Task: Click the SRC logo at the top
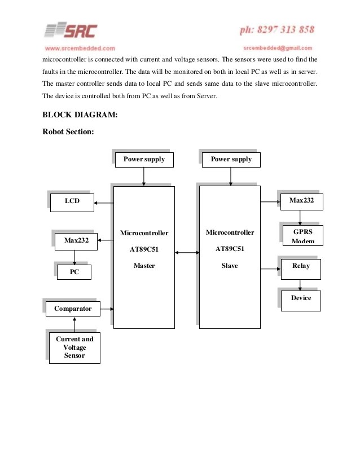[71, 30]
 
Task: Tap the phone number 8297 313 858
[276, 29]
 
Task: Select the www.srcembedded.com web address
[80, 49]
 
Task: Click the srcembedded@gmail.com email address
[278, 48]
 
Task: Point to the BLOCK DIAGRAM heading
[80, 115]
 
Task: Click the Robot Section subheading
[68, 132]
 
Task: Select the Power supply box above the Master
[144, 160]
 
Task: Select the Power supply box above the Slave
[231, 160]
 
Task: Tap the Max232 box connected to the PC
[76, 241]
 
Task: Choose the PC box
[74, 272]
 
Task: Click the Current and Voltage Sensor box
[74, 348]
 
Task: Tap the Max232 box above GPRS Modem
[301, 201]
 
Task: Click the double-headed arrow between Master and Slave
[187, 253]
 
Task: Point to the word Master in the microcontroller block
[144, 266]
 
